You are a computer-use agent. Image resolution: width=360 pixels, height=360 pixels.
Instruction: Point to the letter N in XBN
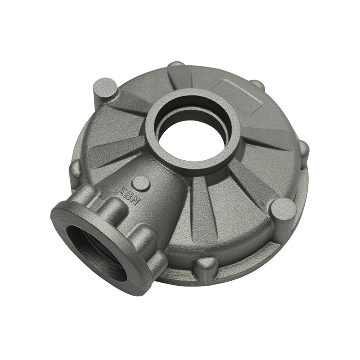(136, 201)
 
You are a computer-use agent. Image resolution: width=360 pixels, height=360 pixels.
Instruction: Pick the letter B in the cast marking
(131, 196)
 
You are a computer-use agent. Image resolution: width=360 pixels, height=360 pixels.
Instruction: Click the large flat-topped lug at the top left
(105, 88)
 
